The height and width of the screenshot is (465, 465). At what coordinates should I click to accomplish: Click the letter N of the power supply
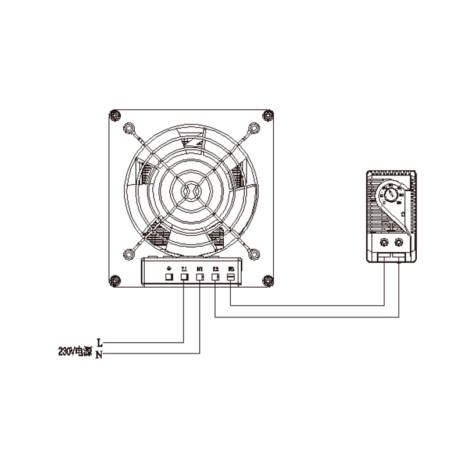click(99, 355)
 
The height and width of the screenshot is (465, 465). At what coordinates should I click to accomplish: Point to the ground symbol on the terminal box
click(169, 268)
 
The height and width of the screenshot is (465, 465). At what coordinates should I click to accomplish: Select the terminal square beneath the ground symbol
click(169, 278)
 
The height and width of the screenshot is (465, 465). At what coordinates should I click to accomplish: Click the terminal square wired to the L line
click(184, 278)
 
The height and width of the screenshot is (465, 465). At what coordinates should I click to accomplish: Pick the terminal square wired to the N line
click(200, 278)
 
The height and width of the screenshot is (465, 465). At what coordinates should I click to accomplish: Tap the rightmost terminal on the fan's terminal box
click(231, 278)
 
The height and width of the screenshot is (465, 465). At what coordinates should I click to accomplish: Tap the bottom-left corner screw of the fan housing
click(115, 281)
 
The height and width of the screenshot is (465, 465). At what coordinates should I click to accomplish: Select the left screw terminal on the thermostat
click(384, 241)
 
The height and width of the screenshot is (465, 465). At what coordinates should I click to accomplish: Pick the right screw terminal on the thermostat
click(399, 241)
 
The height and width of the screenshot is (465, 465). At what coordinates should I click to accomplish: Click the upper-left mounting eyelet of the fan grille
click(128, 127)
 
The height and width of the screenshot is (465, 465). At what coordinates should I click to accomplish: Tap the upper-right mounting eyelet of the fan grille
click(253, 127)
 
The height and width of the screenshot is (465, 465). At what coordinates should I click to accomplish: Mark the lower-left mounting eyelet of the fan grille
click(128, 253)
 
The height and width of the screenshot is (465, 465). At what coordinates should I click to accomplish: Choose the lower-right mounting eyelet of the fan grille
click(253, 253)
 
